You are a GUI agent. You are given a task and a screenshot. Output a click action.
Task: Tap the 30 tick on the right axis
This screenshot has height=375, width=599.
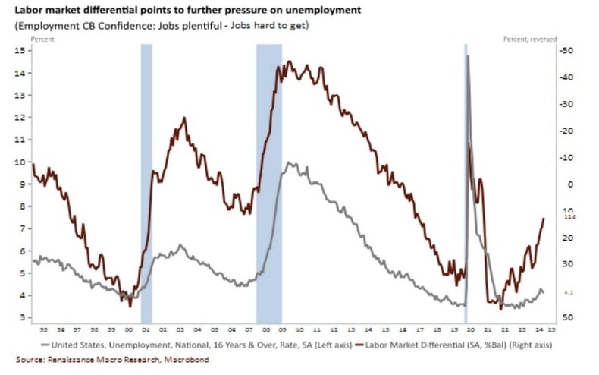tap(566, 264)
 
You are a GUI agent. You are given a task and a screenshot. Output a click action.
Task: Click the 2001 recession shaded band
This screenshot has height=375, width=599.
tap(146, 182)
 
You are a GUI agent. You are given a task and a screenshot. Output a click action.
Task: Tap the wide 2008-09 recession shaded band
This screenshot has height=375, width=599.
tap(268, 182)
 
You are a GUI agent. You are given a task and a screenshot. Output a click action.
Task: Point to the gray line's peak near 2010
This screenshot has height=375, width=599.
tap(290, 162)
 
